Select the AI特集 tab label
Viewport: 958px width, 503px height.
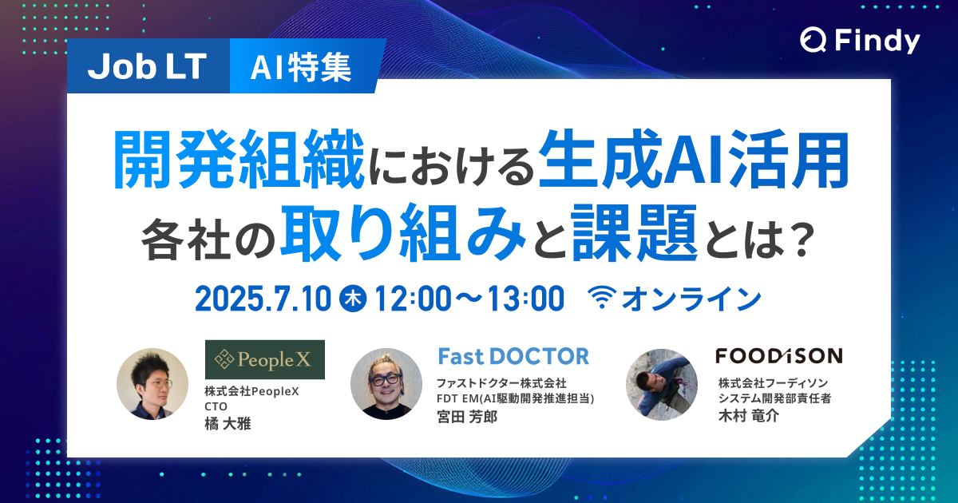tap(301, 69)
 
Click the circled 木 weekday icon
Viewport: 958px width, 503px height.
tap(352, 299)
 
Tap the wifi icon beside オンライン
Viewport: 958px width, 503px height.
tap(602, 299)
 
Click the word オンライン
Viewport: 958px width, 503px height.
tap(691, 299)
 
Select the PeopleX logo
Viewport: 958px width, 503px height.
tap(264, 360)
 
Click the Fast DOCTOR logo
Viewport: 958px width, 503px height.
tap(513, 355)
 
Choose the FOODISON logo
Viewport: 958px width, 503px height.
tap(767, 355)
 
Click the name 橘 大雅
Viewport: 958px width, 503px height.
tap(228, 423)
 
